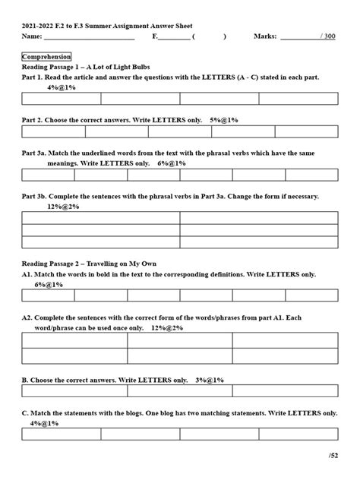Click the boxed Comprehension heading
47,57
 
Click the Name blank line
89,36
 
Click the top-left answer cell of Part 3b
101,218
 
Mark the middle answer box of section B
180,391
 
